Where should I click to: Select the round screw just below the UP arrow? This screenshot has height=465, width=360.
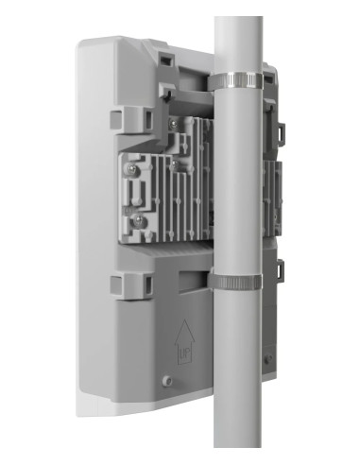pos(167,380)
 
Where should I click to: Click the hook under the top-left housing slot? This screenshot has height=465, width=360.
pos(165,91)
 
